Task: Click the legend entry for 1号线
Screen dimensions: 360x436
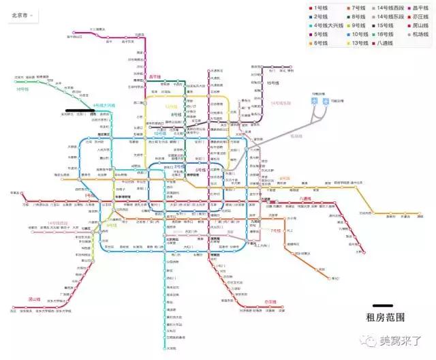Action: [320, 7]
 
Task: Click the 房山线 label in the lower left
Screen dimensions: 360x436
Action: [34, 299]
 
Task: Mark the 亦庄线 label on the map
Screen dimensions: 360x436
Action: [270, 301]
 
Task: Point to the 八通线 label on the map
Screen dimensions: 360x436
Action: [305, 199]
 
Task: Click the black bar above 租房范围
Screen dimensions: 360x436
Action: [383, 306]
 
